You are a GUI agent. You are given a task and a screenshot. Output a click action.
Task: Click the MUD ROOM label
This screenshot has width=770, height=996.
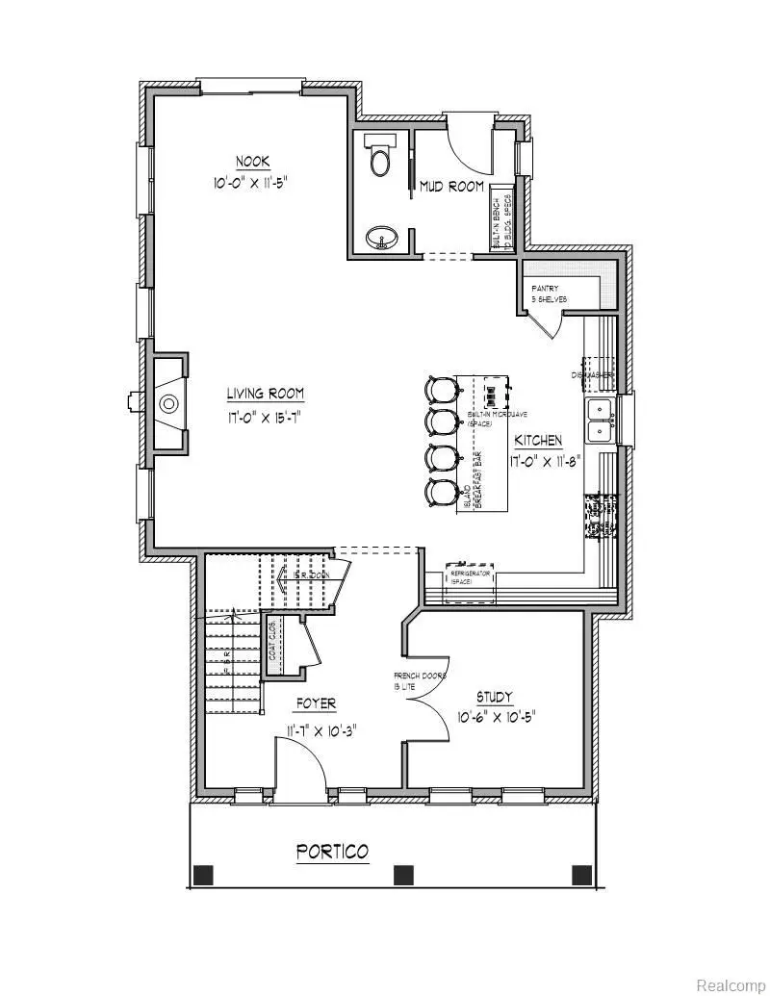451,187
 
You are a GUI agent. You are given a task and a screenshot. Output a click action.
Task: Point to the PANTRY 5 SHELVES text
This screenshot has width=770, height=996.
551,294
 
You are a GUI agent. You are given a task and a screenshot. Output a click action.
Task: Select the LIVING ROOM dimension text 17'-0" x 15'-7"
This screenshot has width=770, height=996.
266,418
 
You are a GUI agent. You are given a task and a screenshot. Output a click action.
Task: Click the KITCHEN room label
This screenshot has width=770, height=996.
537,440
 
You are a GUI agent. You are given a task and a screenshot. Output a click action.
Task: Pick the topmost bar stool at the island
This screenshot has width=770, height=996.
442,389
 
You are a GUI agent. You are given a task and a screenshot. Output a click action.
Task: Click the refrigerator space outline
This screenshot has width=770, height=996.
471,582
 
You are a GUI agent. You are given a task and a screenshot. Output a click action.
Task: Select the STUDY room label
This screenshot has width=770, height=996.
494,697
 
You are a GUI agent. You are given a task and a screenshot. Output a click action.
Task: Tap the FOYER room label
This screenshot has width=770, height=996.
309,703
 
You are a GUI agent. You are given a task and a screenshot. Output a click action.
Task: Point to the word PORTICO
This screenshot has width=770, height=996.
332,852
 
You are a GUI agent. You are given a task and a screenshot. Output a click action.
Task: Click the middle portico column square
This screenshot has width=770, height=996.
403,875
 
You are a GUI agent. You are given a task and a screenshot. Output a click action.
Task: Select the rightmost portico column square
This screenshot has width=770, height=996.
581,875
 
